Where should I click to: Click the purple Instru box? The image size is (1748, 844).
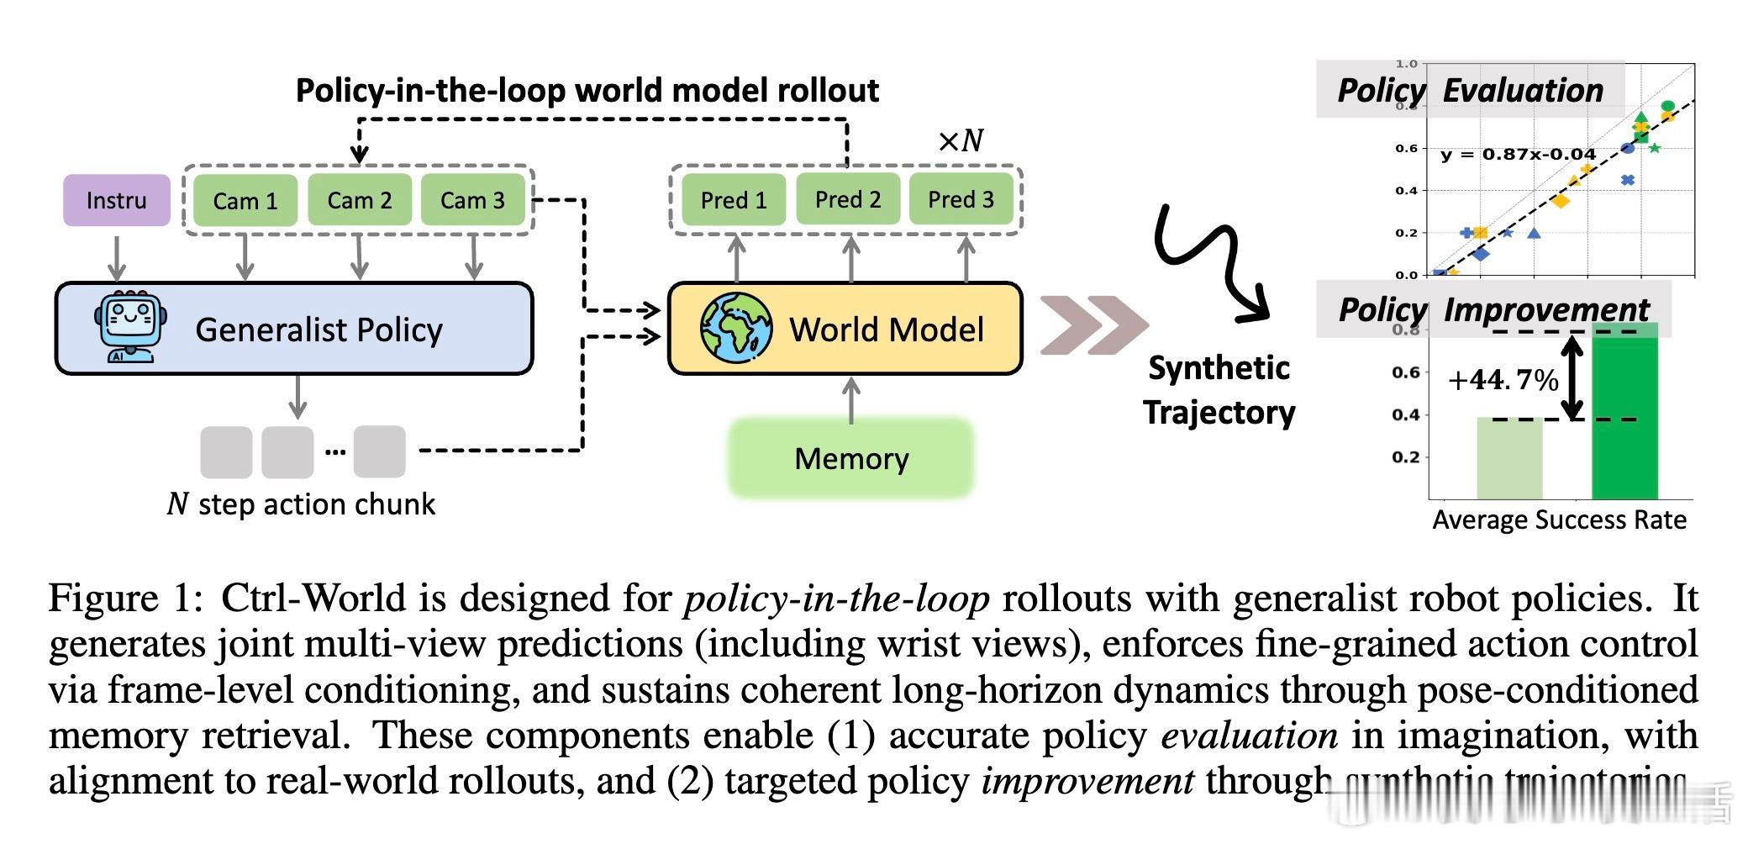(116, 200)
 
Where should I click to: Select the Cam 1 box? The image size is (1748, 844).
(245, 201)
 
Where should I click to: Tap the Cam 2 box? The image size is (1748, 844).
(360, 200)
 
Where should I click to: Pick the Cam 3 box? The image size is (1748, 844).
(472, 200)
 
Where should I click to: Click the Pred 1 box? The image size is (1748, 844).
(734, 200)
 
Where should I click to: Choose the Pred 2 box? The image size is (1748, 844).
(848, 200)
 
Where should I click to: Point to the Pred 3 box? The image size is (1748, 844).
(961, 200)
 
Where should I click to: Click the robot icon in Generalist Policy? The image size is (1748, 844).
(131, 327)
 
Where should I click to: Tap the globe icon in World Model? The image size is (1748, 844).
(736, 328)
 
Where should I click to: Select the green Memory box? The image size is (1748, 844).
(851, 459)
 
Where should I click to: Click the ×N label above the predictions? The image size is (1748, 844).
(961, 140)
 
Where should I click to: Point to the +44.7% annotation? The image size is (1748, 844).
(1503, 381)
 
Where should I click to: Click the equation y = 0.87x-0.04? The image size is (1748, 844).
(1518, 155)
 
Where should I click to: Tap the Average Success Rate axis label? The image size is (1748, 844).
(1559, 520)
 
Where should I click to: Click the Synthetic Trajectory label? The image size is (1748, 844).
(1219, 390)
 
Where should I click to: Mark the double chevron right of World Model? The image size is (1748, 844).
(1093, 325)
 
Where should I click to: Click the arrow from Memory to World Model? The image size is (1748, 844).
(851, 400)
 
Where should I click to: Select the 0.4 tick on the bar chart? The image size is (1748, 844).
(1405, 415)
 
